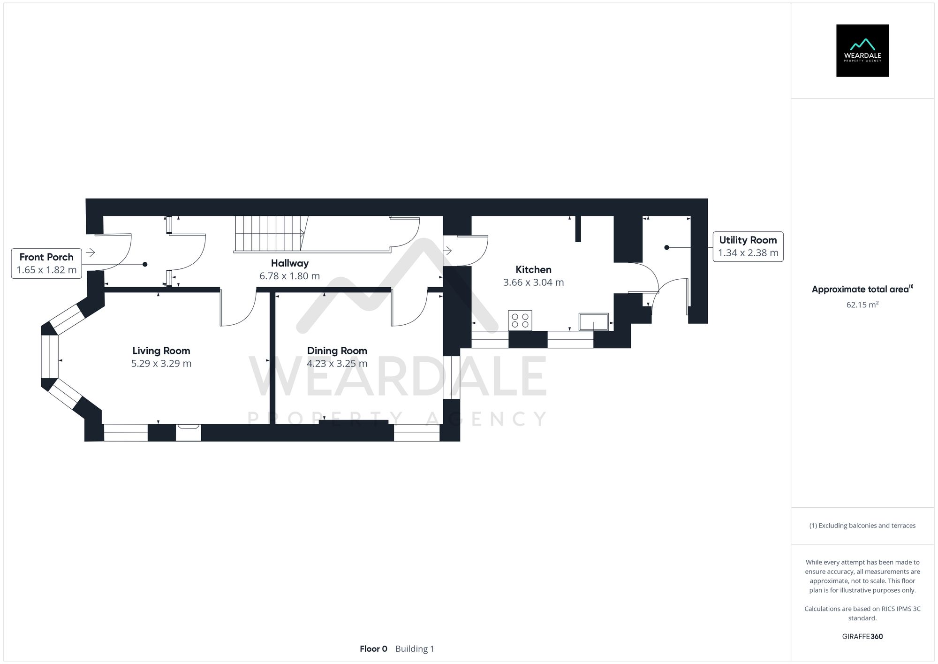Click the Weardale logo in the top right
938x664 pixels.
[862, 51]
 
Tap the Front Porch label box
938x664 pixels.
[46, 264]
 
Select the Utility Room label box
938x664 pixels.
[748, 246]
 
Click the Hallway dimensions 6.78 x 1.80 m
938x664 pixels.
[289, 276]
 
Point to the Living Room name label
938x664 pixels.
[161, 351]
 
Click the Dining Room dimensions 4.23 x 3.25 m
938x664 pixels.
[337, 364]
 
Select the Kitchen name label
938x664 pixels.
[533, 269]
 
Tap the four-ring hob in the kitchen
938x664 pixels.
[520, 321]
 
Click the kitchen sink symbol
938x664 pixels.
[593, 322]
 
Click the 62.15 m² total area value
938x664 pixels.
[862, 305]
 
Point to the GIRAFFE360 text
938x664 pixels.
[862, 637]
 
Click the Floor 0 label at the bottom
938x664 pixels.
[373, 649]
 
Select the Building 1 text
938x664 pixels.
[415, 649]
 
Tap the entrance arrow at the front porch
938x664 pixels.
[91, 252]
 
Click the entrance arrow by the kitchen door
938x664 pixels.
[447, 251]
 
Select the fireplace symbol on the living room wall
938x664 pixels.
[189, 427]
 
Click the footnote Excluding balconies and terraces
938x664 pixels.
[862, 526]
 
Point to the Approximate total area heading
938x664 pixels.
[861, 289]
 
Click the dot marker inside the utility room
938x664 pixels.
[666, 247]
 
